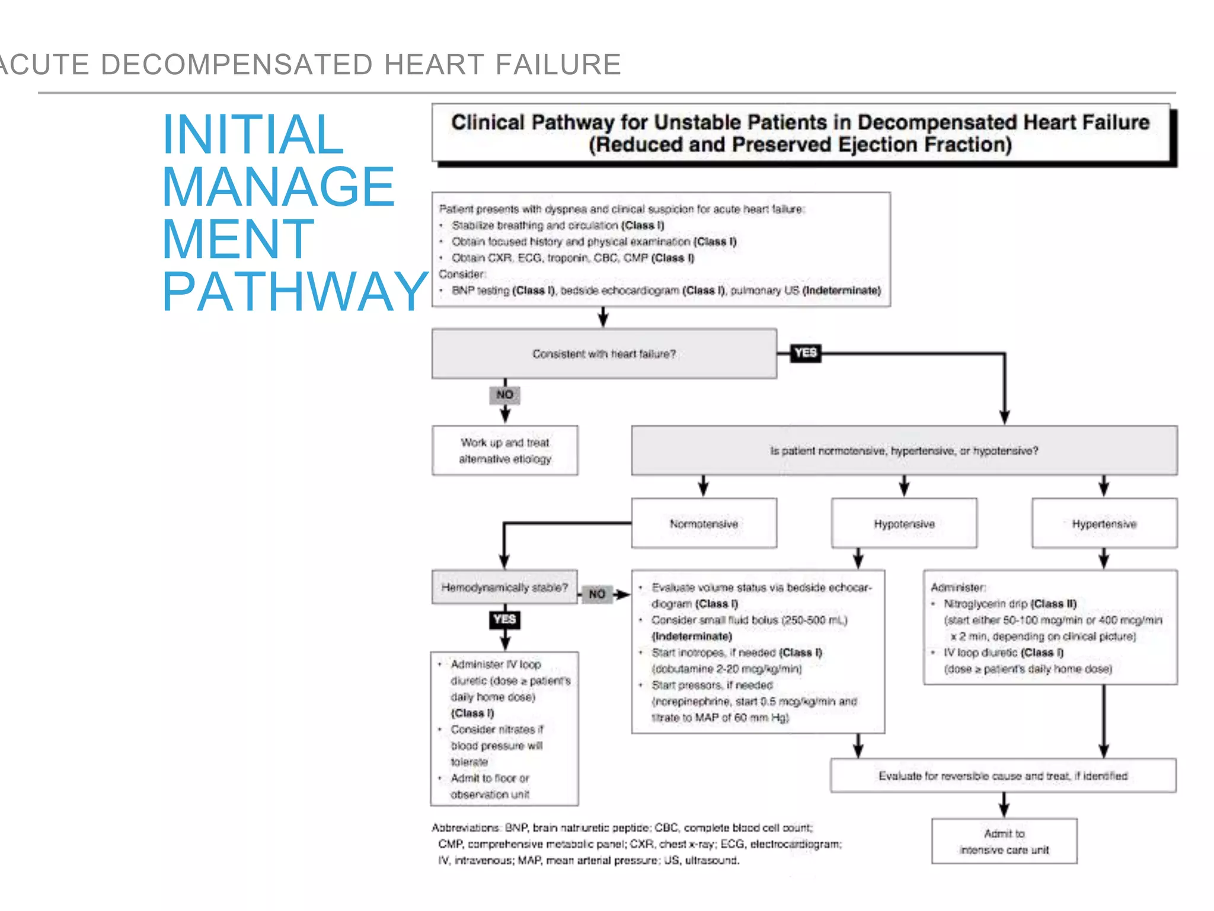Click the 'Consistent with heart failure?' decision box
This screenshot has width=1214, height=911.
click(603, 353)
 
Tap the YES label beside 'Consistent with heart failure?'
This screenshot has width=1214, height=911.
click(806, 353)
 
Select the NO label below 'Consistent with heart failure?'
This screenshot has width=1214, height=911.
click(504, 394)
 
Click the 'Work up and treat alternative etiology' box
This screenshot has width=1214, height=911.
click(505, 450)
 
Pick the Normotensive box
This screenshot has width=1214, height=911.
click(704, 523)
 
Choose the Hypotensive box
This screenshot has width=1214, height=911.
click(904, 523)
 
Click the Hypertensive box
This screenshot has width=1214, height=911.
click(1104, 523)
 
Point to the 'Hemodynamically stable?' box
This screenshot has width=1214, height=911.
click(504, 587)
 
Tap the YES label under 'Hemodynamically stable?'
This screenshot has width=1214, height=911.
click(504, 619)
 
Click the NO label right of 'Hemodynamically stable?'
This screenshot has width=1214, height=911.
click(597, 594)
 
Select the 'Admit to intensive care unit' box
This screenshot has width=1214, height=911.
click(1004, 841)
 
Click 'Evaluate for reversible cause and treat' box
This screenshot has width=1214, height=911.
click(1003, 776)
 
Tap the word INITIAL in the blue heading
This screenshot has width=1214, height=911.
click(253, 135)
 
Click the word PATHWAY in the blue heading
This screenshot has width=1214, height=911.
click(295, 292)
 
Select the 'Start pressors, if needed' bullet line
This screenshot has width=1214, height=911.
click(712, 685)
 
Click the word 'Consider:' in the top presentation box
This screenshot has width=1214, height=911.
click(462, 274)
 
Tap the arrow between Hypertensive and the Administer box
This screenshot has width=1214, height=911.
click(1104, 558)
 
